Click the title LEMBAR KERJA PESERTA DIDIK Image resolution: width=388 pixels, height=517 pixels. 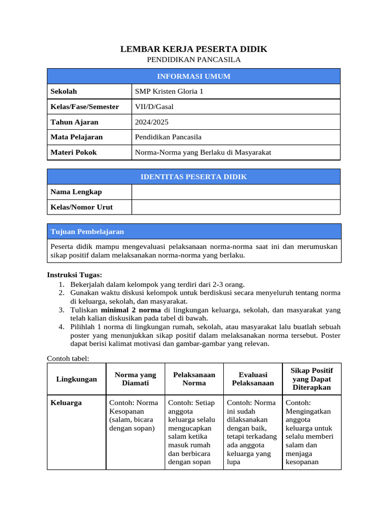pyautogui.click(x=193, y=49)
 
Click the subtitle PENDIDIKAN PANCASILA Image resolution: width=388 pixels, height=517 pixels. pyautogui.click(x=193, y=60)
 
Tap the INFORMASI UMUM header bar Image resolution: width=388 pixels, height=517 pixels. pyautogui.click(x=193, y=76)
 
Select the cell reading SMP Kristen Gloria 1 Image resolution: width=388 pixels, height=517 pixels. pyautogui.click(x=169, y=91)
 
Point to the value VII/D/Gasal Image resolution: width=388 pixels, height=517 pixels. pyautogui.click(x=154, y=107)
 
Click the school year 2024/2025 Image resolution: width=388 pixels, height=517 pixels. pyautogui.click(x=152, y=122)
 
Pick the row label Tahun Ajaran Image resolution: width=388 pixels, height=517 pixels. pyautogui.click(x=74, y=122)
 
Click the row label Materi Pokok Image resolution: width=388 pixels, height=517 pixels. pyautogui.click(x=73, y=152)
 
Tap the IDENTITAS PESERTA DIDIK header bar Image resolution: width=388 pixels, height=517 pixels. pyautogui.click(x=193, y=177)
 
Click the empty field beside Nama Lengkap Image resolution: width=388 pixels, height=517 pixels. pyautogui.click(x=235, y=192)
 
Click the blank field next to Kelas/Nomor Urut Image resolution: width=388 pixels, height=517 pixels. pyautogui.click(x=235, y=207)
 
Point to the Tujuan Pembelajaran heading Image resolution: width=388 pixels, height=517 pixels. pyautogui.click(x=87, y=232)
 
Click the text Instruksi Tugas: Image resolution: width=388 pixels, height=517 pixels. pyautogui.click(x=74, y=275)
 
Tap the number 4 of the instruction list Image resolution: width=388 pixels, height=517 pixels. pyautogui.click(x=61, y=327)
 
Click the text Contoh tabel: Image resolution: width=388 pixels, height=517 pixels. pyautogui.click(x=68, y=358)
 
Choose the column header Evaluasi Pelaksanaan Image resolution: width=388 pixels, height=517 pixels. pyautogui.click(x=253, y=379)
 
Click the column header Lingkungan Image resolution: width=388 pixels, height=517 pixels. pyautogui.click(x=76, y=379)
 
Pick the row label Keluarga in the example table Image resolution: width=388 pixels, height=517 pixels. pyautogui.click(x=66, y=403)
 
